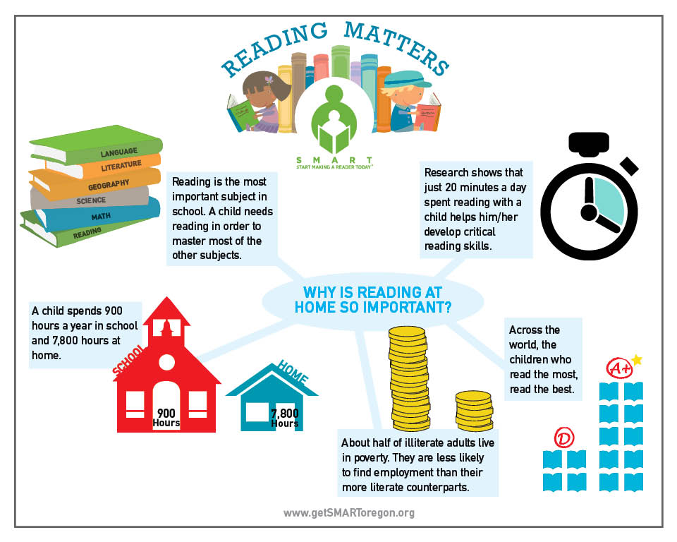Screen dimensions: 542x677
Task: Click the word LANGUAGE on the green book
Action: coord(118,152)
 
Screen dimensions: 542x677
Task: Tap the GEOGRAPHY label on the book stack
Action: coord(108,184)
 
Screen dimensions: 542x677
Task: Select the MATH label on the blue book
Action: coord(99,216)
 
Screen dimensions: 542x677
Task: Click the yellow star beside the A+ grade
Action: coord(637,360)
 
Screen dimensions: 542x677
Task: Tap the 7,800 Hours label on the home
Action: coord(284,418)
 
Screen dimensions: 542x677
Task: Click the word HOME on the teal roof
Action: coord(293,371)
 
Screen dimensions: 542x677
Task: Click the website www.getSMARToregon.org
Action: coord(349,513)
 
